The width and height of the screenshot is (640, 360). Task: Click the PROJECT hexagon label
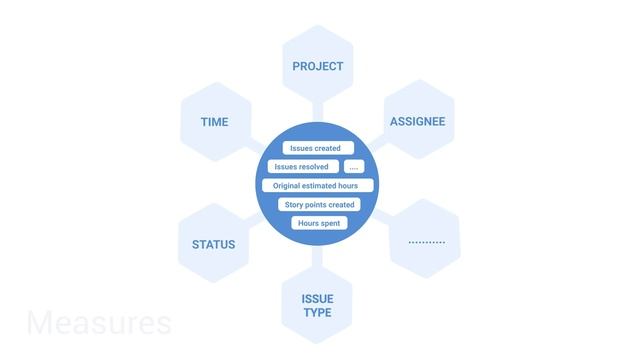(x=318, y=66)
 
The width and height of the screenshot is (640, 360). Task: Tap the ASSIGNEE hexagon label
(x=417, y=122)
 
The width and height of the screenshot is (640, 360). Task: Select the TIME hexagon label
(x=214, y=122)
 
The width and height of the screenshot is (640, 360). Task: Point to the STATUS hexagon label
(x=214, y=244)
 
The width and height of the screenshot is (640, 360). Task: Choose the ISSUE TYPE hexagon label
(x=317, y=305)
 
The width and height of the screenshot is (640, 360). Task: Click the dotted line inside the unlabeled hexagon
(x=427, y=243)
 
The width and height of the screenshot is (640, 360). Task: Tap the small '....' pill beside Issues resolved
(x=354, y=167)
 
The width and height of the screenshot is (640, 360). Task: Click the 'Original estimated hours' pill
(x=317, y=186)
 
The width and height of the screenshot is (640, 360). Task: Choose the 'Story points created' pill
(x=319, y=205)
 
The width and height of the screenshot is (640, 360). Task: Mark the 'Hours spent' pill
(x=319, y=223)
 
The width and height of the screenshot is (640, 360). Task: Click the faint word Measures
(x=99, y=323)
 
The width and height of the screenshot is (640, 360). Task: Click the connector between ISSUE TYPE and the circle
(x=318, y=258)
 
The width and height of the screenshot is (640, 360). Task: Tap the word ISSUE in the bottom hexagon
(x=317, y=298)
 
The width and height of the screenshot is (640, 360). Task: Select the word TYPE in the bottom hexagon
(x=317, y=313)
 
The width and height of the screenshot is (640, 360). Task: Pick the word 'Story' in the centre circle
(x=294, y=205)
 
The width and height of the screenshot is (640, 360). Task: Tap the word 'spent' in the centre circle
(x=331, y=223)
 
